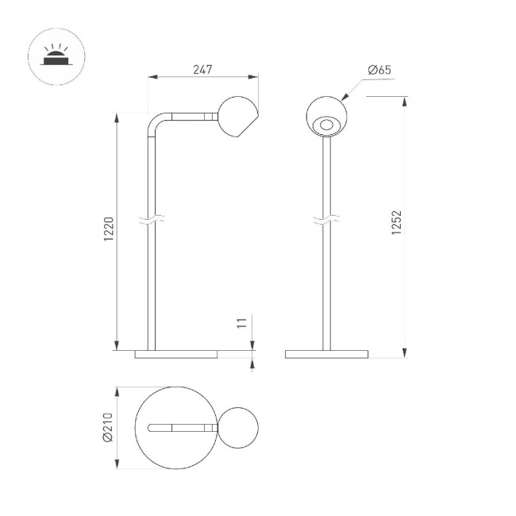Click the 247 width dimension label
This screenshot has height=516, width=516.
202,70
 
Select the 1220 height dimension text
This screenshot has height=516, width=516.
110,230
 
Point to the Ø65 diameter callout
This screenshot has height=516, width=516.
379,71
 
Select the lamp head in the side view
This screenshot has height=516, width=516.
237,117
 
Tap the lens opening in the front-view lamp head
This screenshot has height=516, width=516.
325,124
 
